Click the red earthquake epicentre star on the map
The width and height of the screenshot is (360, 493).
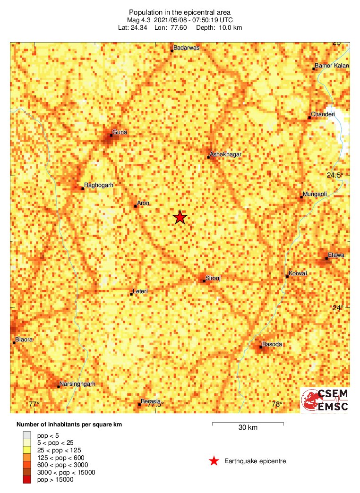[x=180, y=217]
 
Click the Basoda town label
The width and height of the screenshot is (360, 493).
[x=272, y=344]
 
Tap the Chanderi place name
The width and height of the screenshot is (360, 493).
[x=323, y=114]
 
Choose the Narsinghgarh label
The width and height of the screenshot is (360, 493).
[x=77, y=384]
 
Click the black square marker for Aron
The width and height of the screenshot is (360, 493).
[x=136, y=206]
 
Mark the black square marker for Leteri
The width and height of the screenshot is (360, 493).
[x=131, y=294]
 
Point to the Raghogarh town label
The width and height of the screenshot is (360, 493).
[x=99, y=185]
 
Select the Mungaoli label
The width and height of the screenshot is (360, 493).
[x=315, y=194]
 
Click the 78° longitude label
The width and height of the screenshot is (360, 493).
[x=277, y=404]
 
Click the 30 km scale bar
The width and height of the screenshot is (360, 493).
[x=248, y=424]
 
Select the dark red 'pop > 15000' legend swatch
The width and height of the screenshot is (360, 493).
[x=27, y=480]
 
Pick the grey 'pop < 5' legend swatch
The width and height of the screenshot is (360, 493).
[x=27, y=435]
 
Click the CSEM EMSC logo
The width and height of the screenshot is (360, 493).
[x=326, y=400]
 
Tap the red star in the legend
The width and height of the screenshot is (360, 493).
[x=214, y=461]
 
